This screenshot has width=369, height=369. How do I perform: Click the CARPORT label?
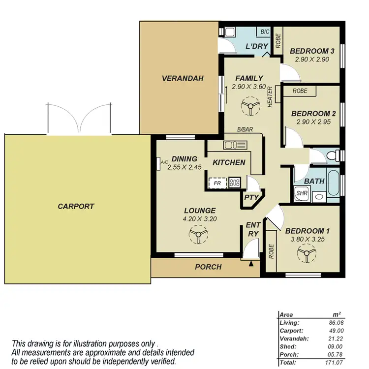click(75, 207)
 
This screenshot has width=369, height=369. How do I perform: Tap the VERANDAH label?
click(183, 78)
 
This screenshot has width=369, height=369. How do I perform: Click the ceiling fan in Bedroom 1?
click(307, 255)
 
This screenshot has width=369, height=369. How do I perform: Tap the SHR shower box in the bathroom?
click(301, 193)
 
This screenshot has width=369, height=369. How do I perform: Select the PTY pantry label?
click(251, 197)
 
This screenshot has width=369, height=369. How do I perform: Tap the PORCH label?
click(208, 267)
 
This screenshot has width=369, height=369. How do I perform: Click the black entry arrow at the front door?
click(252, 264)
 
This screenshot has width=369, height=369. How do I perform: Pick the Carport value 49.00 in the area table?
click(335, 331)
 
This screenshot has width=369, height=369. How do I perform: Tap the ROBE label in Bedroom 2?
click(300, 91)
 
